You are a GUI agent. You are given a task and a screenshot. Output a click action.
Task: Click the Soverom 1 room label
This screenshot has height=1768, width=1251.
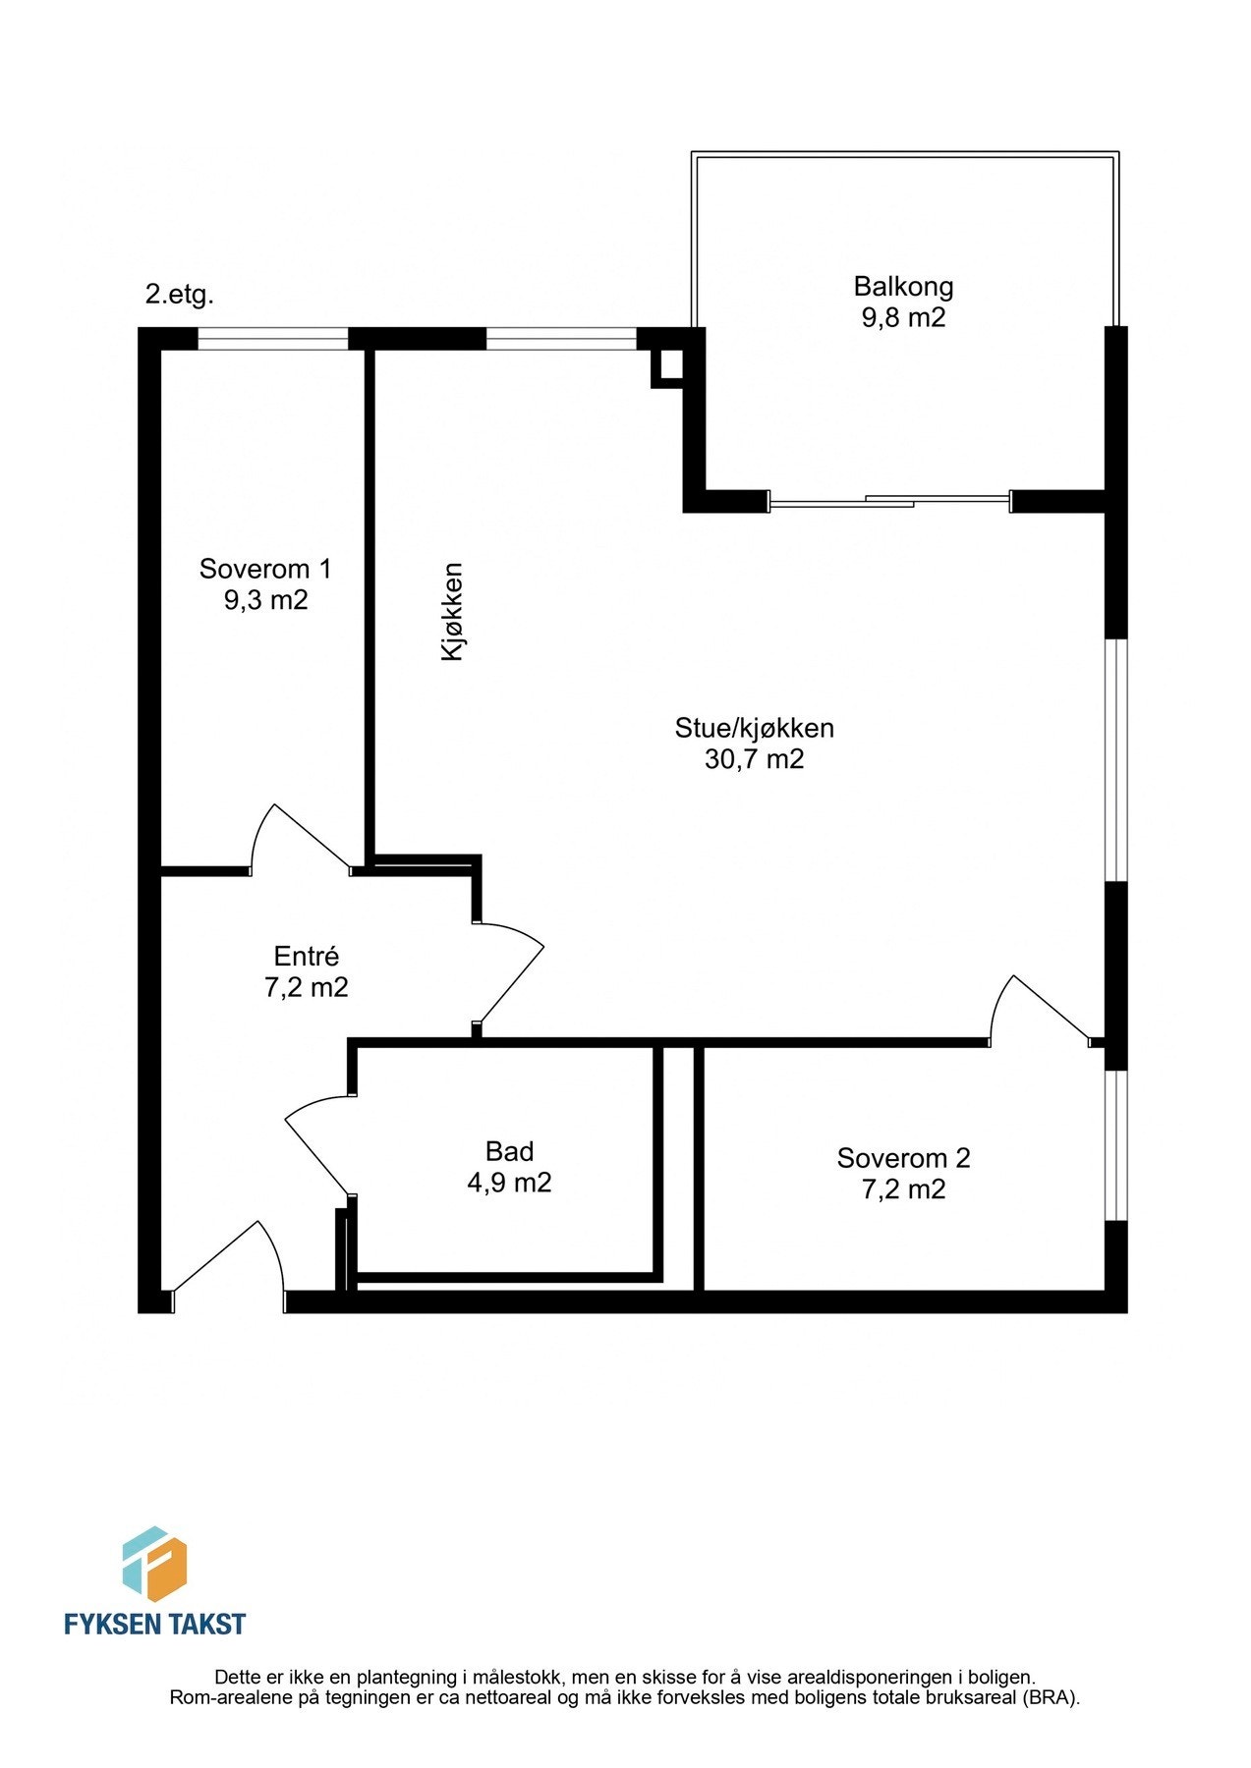coord(265,569)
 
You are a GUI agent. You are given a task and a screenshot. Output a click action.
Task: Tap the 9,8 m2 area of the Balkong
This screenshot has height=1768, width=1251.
coord(903,318)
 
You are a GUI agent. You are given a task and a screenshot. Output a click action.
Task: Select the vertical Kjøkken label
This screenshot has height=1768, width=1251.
coord(452,611)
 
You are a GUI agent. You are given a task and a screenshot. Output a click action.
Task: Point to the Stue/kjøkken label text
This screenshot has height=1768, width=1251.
coord(754,728)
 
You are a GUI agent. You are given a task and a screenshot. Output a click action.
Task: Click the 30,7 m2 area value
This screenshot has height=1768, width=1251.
coord(754,759)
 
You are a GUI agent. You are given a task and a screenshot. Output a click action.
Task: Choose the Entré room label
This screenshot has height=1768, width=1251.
coord(306,956)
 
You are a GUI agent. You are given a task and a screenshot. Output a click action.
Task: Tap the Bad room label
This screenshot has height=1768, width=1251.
coord(509,1151)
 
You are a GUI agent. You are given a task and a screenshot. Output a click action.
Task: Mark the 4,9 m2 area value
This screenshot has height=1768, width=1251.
coord(509,1183)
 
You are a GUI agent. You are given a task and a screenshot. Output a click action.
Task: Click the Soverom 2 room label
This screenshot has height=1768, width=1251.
coord(903,1158)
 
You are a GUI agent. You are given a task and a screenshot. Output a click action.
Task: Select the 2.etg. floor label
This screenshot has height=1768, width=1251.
coord(179,294)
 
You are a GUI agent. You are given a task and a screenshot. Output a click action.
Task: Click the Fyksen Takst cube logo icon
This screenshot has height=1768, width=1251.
coord(154,1564)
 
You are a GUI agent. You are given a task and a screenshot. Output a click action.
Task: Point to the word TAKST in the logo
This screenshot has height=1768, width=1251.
coord(203,1625)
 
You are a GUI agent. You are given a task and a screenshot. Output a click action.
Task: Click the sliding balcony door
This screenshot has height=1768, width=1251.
coord(889,502)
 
